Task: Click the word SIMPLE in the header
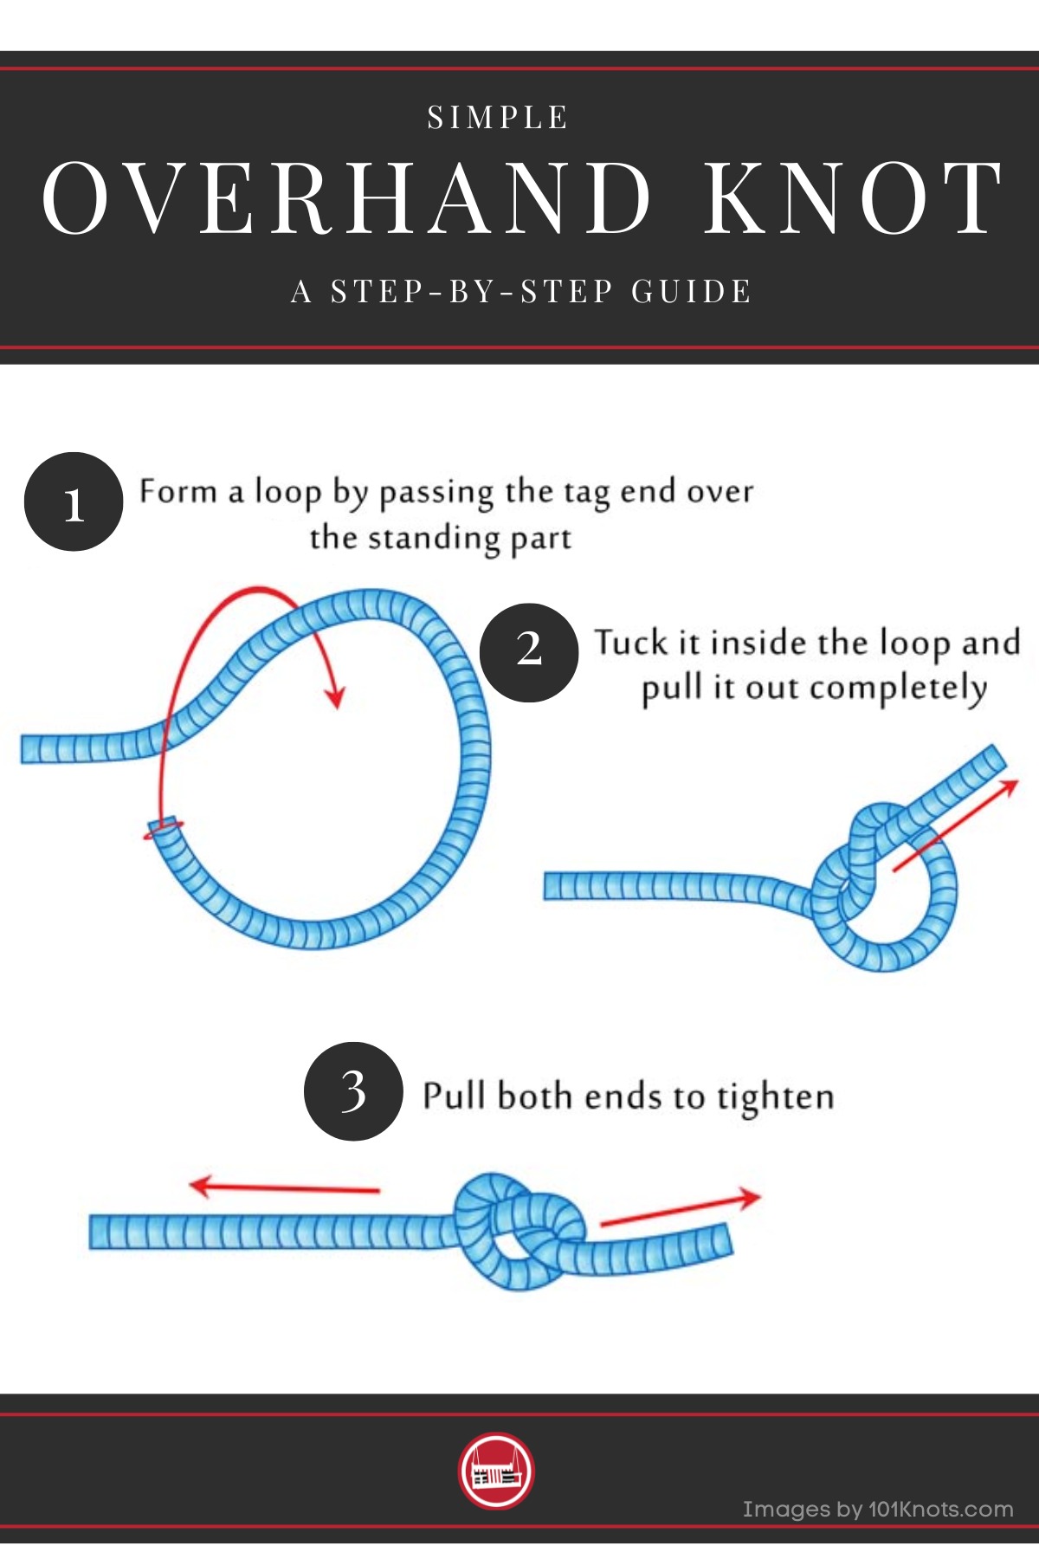pyautogui.click(x=498, y=118)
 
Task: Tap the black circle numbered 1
pyautogui.click(x=74, y=501)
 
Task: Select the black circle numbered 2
pyautogui.click(x=528, y=652)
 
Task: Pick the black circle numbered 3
pyautogui.click(x=353, y=1090)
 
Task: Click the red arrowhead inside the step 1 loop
pyautogui.click(x=333, y=696)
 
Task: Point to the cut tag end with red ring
pyautogui.click(x=163, y=827)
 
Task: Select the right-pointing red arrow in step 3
pyautogui.click(x=681, y=1210)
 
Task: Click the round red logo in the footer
pyautogui.click(x=496, y=1471)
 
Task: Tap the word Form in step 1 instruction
pyautogui.click(x=177, y=491)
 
